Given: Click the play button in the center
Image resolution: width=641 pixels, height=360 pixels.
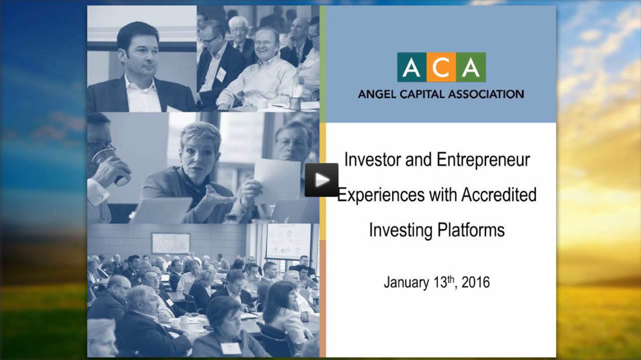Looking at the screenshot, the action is [x=321, y=180].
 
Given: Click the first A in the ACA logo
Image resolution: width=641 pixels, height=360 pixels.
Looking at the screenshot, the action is [x=412, y=67].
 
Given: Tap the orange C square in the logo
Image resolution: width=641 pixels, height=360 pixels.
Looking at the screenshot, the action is [x=441, y=67].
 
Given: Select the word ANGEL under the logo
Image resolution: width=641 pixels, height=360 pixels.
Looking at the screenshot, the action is [x=376, y=94].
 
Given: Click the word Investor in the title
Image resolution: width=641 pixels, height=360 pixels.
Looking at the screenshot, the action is [x=373, y=160].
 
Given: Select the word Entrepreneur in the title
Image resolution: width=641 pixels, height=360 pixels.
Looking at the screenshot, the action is [x=483, y=160].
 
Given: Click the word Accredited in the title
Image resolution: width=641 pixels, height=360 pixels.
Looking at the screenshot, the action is [x=498, y=195].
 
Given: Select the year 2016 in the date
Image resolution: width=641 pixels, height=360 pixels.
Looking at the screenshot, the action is [x=476, y=282].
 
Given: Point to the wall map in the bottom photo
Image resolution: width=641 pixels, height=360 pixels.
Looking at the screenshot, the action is [x=170, y=243].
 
